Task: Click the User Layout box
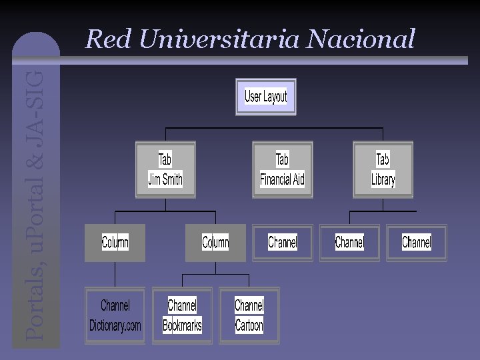[x=265, y=97]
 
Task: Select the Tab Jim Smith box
[x=165, y=169]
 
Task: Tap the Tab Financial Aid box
[x=282, y=169]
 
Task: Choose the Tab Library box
[x=383, y=169]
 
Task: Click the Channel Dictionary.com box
[x=115, y=315]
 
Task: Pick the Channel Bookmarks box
[x=182, y=315]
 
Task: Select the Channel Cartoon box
[x=249, y=315]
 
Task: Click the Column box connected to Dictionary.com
[x=115, y=242]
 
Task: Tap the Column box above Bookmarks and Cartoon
[x=215, y=242]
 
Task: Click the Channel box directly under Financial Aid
[x=283, y=242]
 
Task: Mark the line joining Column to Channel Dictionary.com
[x=115, y=274]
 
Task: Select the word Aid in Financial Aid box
[x=298, y=179]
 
